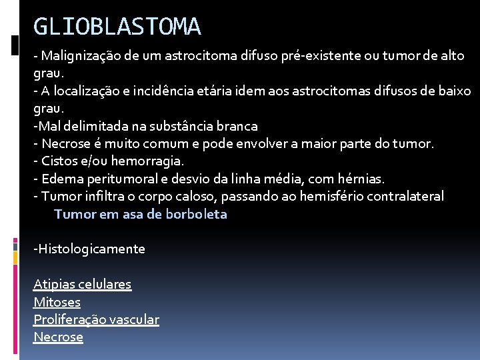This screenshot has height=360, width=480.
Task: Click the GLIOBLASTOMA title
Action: click(117, 27)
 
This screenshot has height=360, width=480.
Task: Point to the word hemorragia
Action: click(150, 161)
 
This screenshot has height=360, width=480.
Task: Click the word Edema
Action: click(59, 179)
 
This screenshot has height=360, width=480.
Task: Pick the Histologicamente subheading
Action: click(89, 249)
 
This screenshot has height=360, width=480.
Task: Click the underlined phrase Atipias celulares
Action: click(83, 285)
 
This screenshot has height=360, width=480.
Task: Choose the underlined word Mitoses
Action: click(57, 302)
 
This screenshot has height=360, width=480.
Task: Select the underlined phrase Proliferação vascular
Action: click(97, 320)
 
